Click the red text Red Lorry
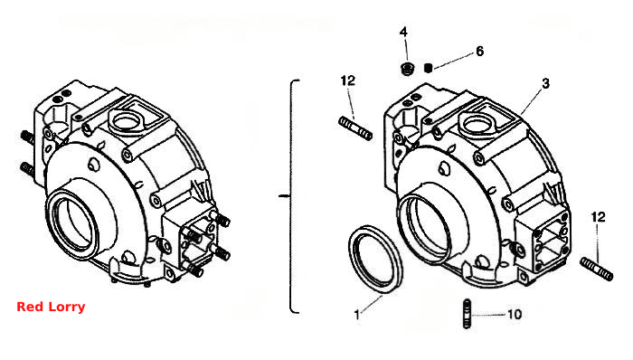coord(51,307)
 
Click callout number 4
coord(403,32)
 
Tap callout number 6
coord(479,52)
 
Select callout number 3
coord(545,83)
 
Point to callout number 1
coord(357,315)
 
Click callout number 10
coord(515,314)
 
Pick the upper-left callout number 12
coord(348,81)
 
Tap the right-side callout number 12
coord(599,217)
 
